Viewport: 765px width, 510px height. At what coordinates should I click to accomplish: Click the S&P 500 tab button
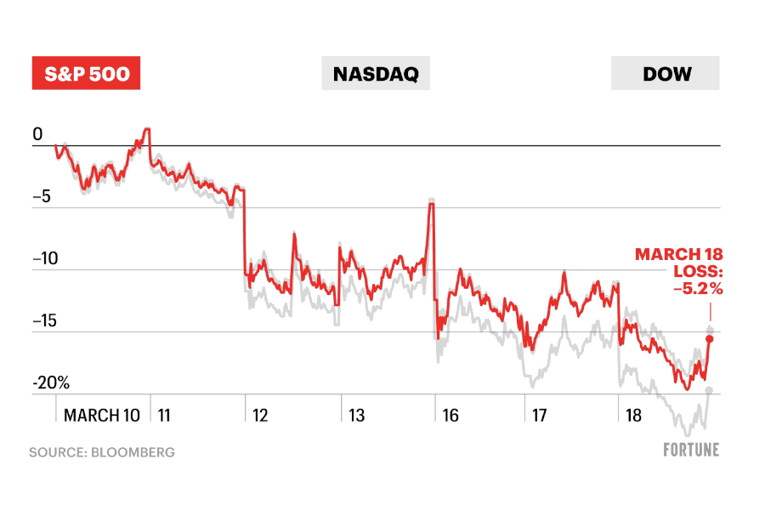[86, 74]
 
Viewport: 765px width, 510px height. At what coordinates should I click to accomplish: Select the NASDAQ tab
[376, 74]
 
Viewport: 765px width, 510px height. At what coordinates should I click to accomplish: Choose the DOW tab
[666, 74]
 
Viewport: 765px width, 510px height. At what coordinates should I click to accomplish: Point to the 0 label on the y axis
[37, 134]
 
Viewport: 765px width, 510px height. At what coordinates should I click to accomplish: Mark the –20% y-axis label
[51, 383]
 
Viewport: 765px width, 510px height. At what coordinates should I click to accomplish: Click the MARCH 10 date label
[102, 416]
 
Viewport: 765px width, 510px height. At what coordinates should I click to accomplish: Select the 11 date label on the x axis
[164, 416]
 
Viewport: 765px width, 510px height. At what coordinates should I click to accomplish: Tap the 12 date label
[260, 416]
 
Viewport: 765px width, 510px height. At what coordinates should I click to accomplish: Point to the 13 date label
[356, 416]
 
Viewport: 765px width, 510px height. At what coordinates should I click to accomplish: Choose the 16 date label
[450, 416]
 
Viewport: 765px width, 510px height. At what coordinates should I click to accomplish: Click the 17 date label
[540, 416]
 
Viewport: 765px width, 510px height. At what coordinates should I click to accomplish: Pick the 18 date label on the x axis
[634, 416]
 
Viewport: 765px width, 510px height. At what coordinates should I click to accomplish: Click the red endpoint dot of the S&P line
[710, 338]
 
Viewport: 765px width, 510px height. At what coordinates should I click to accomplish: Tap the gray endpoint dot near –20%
[709, 390]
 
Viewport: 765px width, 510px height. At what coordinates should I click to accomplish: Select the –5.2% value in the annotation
[698, 289]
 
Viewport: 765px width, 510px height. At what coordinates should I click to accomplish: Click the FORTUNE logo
[691, 450]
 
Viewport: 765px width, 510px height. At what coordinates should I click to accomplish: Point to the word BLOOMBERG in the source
[135, 452]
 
